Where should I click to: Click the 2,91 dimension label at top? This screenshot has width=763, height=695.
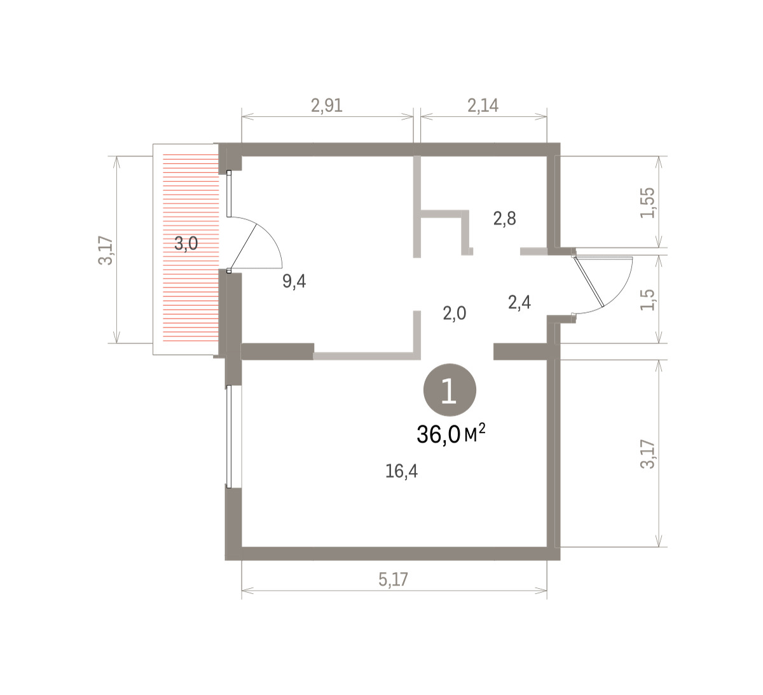[x=327, y=106]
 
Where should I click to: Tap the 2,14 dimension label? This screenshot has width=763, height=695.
[x=483, y=106]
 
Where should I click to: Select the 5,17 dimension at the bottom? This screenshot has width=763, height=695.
[x=393, y=579]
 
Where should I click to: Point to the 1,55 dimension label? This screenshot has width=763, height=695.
[x=648, y=203]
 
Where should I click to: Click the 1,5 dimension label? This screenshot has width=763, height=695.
[x=648, y=299]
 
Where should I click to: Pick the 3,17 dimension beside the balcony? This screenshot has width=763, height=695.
[x=106, y=251]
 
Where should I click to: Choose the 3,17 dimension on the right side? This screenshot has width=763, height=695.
[x=648, y=454]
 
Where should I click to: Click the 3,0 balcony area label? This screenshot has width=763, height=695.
[x=186, y=244]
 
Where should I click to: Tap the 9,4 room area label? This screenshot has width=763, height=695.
[x=294, y=282]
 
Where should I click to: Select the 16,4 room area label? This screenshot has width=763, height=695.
[x=401, y=471]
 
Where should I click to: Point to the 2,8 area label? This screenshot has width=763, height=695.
[x=504, y=219]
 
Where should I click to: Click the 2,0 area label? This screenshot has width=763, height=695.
[x=455, y=313]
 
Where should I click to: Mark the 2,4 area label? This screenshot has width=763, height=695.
[x=519, y=303]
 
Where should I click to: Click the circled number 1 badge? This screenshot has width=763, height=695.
[x=450, y=390]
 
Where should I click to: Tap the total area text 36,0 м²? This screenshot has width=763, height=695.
[x=451, y=434]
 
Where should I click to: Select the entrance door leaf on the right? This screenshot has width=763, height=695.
[x=589, y=282]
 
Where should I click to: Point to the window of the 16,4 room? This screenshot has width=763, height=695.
[x=229, y=436]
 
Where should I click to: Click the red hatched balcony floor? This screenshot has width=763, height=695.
[x=191, y=247]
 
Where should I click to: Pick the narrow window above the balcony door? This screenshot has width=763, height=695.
[x=229, y=194]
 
